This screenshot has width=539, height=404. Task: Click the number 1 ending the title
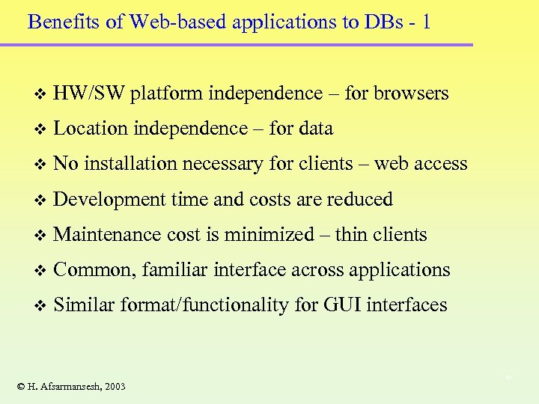(x=426, y=21)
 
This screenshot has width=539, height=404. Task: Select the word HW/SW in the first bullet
(x=89, y=94)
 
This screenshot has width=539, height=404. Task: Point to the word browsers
(x=411, y=94)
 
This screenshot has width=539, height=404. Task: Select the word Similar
(x=84, y=304)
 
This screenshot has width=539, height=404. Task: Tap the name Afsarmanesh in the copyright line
(x=67, y=386)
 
